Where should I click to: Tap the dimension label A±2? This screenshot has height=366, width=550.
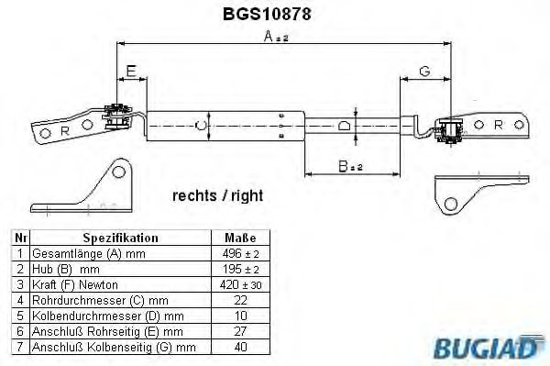(277, 36)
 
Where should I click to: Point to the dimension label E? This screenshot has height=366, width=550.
(131, 71)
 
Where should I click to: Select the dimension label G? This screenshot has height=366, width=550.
(425, 71)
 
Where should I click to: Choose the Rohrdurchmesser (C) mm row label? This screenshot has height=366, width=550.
(100, 301)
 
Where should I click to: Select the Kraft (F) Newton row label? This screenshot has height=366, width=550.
(76, 284)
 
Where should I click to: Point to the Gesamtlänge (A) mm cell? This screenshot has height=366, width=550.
(88, 252)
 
